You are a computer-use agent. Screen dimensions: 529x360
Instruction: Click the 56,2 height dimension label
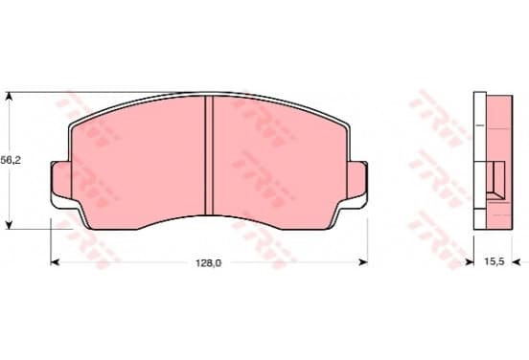[11, 161]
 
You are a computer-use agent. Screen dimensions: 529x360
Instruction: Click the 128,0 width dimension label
[209, 263]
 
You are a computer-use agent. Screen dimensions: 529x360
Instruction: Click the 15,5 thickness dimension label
[494, 261]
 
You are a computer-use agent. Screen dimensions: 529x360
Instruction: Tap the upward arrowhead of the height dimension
[10, 96]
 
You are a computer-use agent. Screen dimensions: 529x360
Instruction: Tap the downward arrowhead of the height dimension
[10, 225]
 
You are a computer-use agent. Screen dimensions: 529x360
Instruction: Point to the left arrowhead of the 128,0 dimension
[55, 262]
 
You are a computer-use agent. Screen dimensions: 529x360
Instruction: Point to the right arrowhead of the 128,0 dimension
[363, 262]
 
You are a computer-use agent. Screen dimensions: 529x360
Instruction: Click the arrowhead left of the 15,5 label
[470, 262]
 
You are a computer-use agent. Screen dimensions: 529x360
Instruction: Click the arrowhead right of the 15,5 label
[517, 262]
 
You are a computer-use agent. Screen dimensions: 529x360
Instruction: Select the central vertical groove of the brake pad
[209, 155]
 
